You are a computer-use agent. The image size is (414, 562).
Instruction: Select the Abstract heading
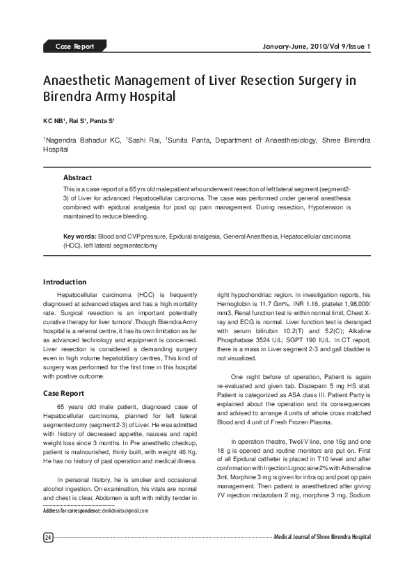coord(77,178)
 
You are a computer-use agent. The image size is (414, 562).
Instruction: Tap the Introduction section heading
coord(65,282)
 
